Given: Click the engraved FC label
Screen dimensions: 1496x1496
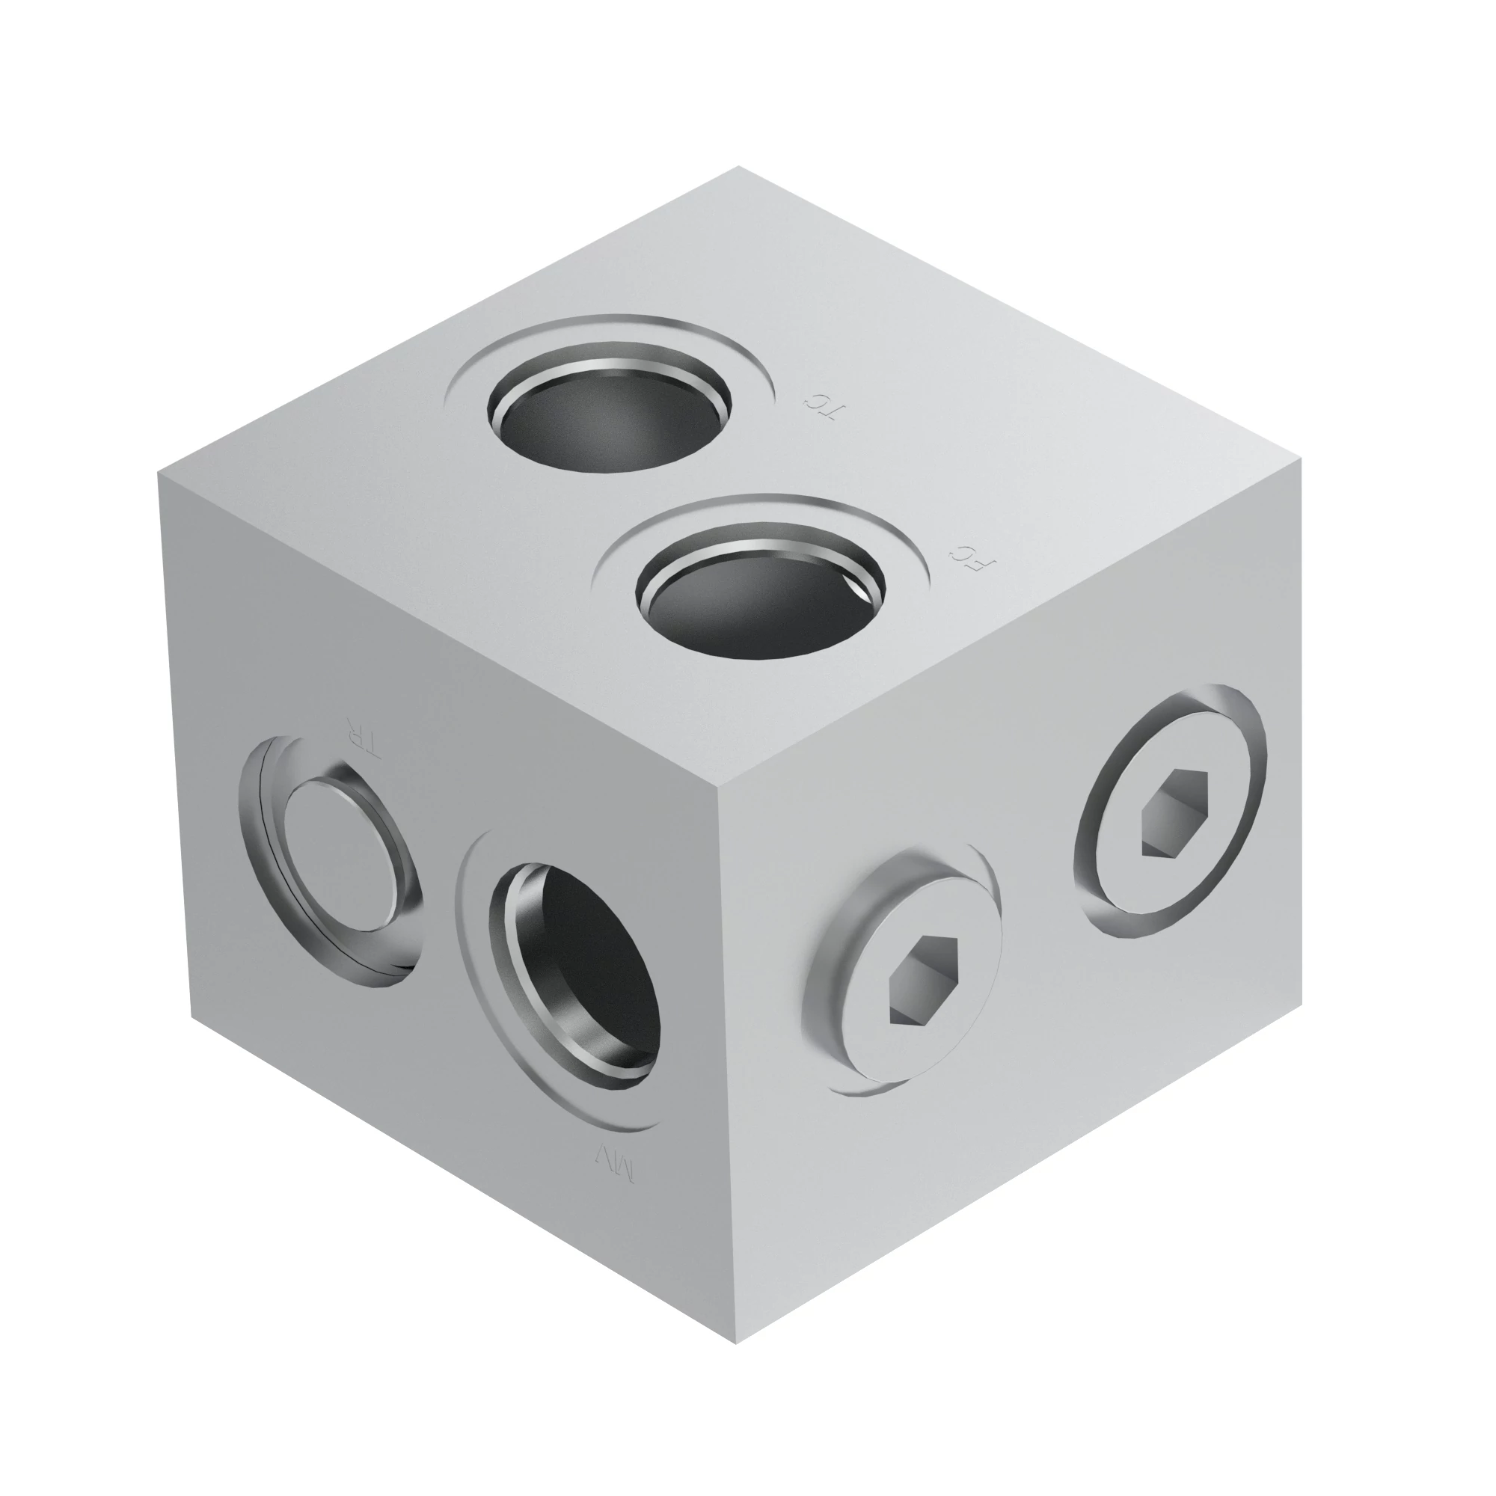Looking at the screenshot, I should coord(973,557).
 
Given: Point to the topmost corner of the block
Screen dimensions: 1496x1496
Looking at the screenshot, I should coord(738,167).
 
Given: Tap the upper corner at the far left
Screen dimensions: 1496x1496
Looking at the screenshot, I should coord(158,472).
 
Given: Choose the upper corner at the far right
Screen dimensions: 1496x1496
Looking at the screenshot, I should coord(1302,459).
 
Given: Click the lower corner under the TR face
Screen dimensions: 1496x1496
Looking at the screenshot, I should coord(192,1014).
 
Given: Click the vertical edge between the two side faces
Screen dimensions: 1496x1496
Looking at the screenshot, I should coord(728,1069).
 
